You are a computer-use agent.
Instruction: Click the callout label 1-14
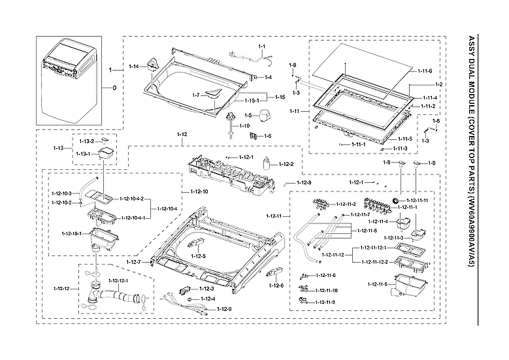pyautogui.click(x=133, y=67)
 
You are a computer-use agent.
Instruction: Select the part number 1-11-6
pyautogui.click(x=425, y=71)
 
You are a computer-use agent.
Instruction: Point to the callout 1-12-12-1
pyautogui.click(x=118, y=281)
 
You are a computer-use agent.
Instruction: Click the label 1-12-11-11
pyautogui.click(x=418, y=200)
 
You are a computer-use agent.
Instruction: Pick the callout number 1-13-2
pyautogui.click(x=87, y=141)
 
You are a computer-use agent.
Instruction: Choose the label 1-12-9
pyautogui.click(x=224, y=308)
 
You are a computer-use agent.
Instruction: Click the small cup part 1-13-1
pyautogui.click(x=105, y=154)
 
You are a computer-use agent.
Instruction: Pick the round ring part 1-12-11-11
pyautogui.click(x=395, y=199)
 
